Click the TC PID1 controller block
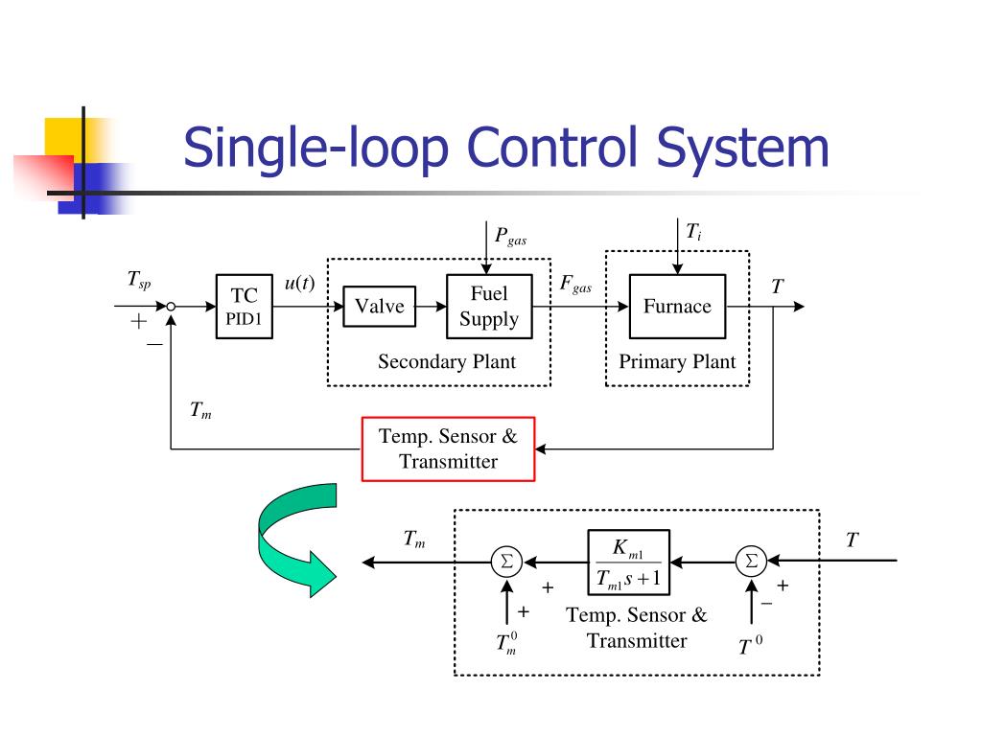(244, 307)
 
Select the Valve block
(379, 307)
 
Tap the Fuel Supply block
(488, 307)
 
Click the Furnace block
(677, 307)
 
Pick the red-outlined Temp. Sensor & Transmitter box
(448, 448)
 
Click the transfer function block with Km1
(627, 563)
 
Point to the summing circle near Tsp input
(171, 307)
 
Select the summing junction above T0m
(505, 562)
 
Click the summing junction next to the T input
(751, 562)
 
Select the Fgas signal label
(575, 285)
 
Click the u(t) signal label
(299, 284)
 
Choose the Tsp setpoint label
(139, 279)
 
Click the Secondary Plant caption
(446, 361)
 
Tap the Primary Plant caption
(677, 361)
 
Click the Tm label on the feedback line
(200, 411)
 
